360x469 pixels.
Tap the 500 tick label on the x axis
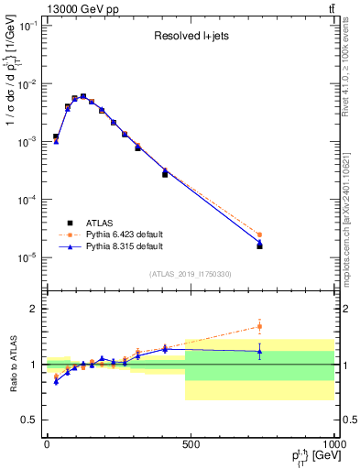pyautogui.click(x=191, y=444)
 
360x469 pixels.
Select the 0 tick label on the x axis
pyautogui.click(x=47, y=444)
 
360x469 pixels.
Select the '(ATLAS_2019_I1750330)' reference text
pyautogui.click(x=190, y=274)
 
